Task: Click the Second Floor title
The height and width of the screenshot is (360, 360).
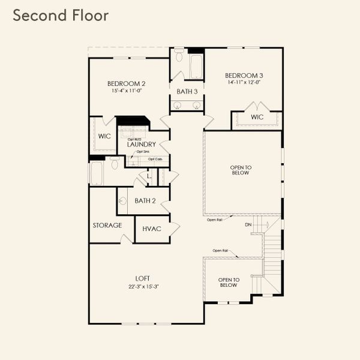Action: tap(61, 16)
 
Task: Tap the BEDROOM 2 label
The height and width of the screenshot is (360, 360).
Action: tap(127, 83)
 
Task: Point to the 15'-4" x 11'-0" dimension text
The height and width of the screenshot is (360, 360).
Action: tap(127, 91)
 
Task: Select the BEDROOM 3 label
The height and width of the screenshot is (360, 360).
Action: tap(244, 76)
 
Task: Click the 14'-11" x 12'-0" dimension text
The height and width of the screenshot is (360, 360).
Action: tap(244, 83)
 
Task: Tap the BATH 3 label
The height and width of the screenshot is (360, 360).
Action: tap(187, 91)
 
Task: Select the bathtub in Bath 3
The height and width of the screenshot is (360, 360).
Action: tap(196, 67)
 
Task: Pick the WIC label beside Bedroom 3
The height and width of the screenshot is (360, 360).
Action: tap(257, 117)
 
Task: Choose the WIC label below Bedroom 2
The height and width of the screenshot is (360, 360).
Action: tap(104, 136)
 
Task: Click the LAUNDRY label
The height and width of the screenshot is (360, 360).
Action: tap(142, 145)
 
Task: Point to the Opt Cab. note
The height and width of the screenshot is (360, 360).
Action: tap(154, 159)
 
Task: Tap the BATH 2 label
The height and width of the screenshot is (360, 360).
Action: tap(145, 201)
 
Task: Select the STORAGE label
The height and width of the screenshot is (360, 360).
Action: tap(107, 226)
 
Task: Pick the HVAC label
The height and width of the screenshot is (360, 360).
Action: tap(151, 229)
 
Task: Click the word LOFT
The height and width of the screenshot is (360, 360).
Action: tap(143, 278)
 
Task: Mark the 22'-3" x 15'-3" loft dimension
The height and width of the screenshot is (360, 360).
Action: tap(143, 286)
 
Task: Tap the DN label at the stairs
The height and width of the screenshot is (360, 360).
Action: tap(248, 224)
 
